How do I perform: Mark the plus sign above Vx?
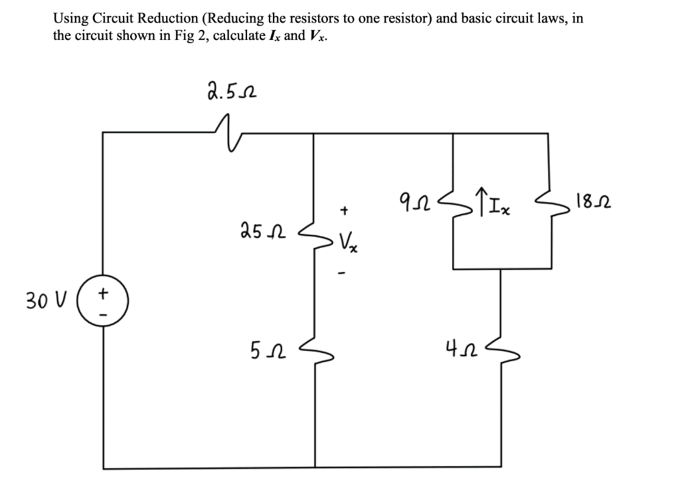pyautogui.click(x=344, y=211)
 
